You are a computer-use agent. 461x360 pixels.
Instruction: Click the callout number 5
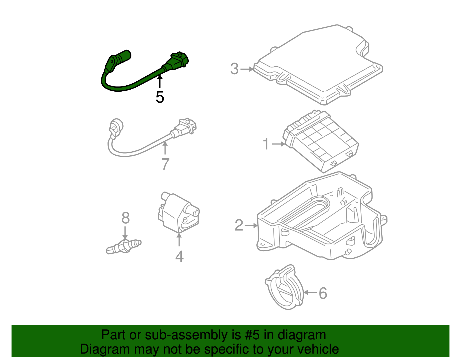click(160, 97)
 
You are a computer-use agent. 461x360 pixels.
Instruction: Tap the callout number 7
click(165, 164)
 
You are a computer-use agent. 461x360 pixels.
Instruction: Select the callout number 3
click(235, 69)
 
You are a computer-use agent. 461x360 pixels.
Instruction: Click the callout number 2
click(239, 225)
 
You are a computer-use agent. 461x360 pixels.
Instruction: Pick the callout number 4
click(179, 257)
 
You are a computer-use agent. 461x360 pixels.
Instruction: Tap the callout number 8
click(125, 218)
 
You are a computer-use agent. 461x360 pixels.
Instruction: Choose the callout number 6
click(323, 293)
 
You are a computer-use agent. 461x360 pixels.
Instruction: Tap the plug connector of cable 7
click(186, 128)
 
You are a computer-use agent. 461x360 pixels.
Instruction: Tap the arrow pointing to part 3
click(247, 69)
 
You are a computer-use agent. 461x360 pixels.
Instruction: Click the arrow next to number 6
click(310, 292)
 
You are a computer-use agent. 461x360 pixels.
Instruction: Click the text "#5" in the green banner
click(252, 335)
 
